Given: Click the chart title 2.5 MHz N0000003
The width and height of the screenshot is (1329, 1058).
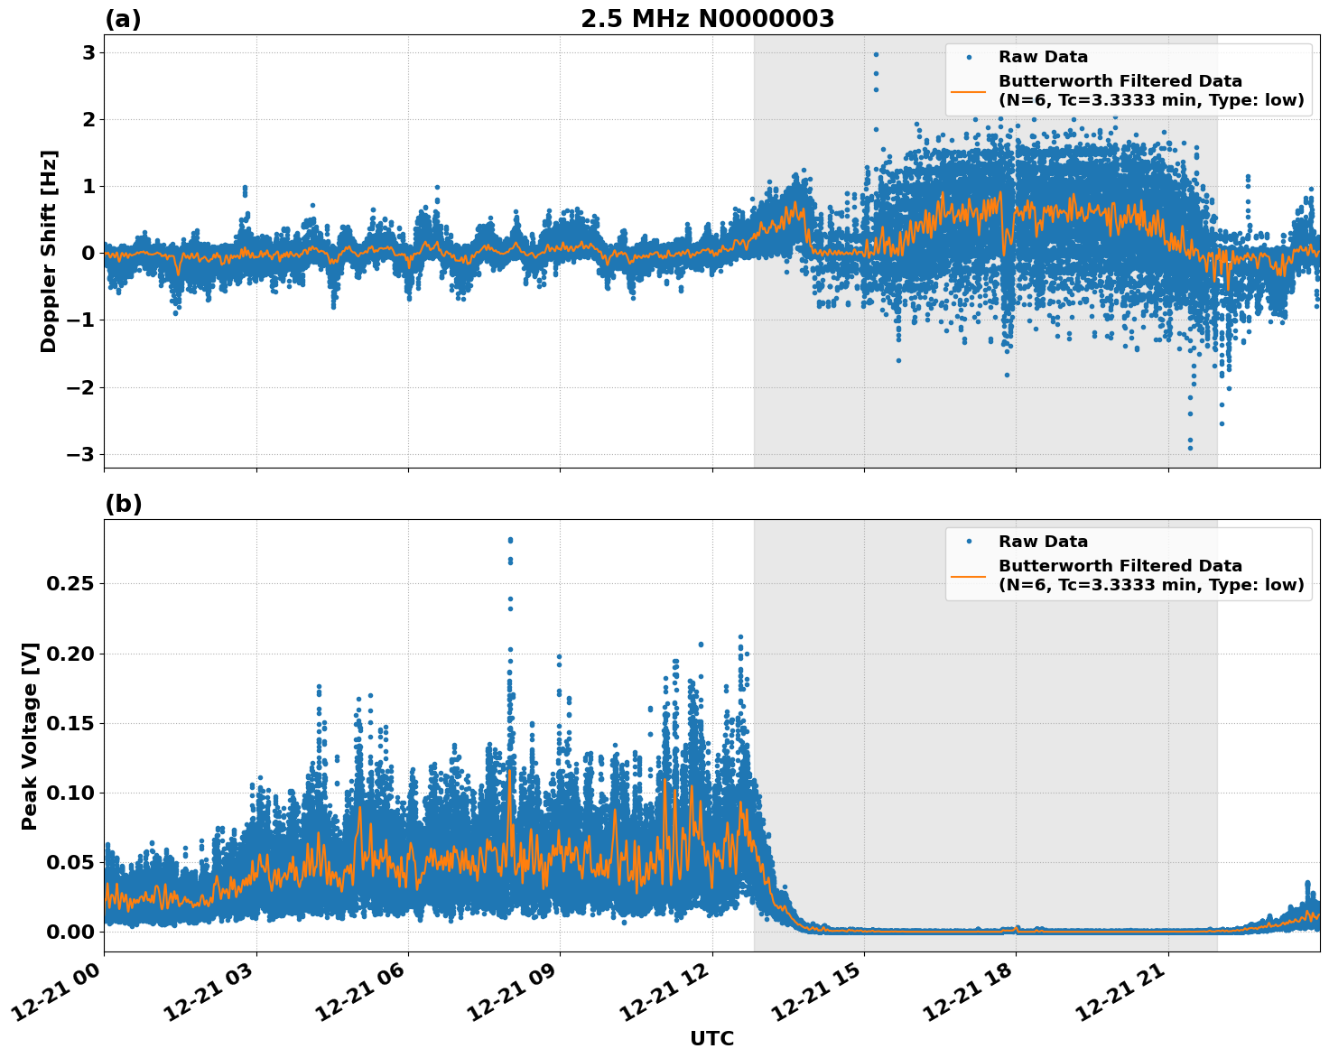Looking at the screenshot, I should pyautogui.click(x=707, y=19).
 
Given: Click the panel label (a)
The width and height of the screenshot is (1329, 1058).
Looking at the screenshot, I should pyautogui.click(x=123, y=19).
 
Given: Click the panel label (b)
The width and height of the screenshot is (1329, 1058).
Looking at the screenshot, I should pyautogui.click(x=123, y=504).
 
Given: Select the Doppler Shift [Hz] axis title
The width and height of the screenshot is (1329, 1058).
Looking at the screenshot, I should pyautogui.click(x=49, y=251).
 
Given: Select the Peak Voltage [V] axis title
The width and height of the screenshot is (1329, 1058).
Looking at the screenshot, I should pyautogui.click(x=30, y=736).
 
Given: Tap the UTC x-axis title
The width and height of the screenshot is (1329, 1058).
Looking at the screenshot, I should pyautogui.click(x=711, y=1038).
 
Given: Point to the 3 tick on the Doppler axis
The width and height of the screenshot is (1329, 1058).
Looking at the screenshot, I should pyautogui.click(x=88, y=52).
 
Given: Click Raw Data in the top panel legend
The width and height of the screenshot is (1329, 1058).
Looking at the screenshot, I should pyautogui.click(x=1043, y=57).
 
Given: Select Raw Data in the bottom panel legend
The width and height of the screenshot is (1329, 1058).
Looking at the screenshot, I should pyautogui.click(x=1043, y=542).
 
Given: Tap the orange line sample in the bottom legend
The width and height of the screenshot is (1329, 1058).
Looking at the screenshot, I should pyautogui.click(x=969, y=575).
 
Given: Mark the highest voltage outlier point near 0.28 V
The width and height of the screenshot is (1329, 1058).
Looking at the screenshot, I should pyautogui.click(x=510, y=540).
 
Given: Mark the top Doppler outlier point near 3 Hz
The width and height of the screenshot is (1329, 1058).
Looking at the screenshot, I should pyautogui.click(x=875, y=54).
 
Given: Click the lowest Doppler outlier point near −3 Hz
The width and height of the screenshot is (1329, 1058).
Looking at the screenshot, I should pyautogui.click(x=1190, y=448).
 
